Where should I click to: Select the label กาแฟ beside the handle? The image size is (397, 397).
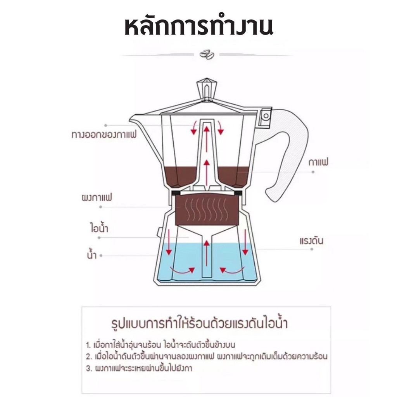coord(318,162)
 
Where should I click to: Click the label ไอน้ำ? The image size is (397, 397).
coord(97,227)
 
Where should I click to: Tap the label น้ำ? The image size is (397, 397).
coord(92,255)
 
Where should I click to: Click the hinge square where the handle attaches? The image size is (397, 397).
coord(266,116)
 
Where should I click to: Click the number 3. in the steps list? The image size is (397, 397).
coord(89,368)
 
